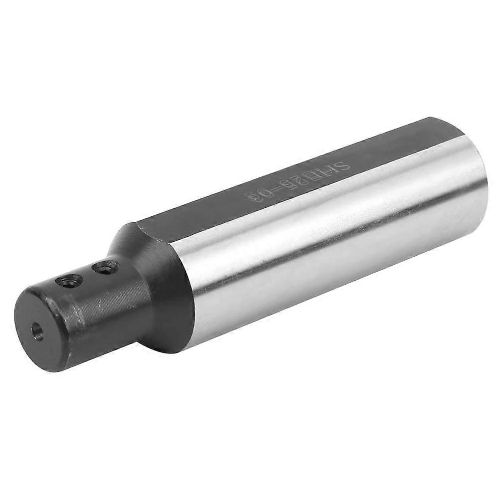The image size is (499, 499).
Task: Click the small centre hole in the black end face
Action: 38,331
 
